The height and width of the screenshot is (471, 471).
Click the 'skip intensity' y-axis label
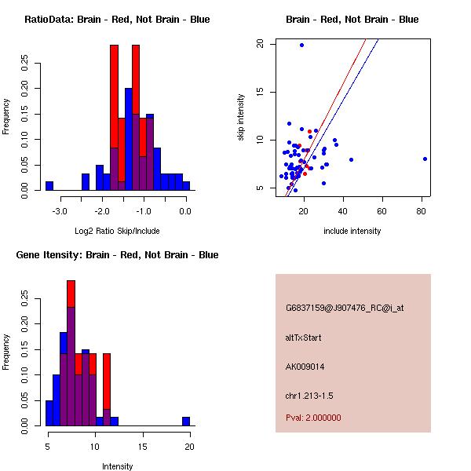[x=242, y=118]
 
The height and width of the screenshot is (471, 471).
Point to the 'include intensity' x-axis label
[x=352, y=231]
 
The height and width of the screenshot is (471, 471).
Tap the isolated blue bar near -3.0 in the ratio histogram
[x=49, y=186]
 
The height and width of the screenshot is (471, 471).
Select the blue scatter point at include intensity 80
[x=425, y=159]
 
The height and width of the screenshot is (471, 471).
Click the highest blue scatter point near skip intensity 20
[x=301, y=45]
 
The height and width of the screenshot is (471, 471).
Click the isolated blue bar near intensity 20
[x=186, y=422]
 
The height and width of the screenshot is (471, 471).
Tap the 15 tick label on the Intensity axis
[x=143, y=446]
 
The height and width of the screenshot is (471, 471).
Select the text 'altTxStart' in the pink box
[x=304, y=338]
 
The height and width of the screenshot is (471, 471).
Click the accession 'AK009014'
[x=305, y=367]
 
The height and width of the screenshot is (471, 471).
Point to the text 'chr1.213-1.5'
[x=310, y=395]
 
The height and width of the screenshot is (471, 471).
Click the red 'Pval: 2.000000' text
[x=313, y=418]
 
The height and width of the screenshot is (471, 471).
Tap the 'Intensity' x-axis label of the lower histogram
[x=117, y=466]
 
